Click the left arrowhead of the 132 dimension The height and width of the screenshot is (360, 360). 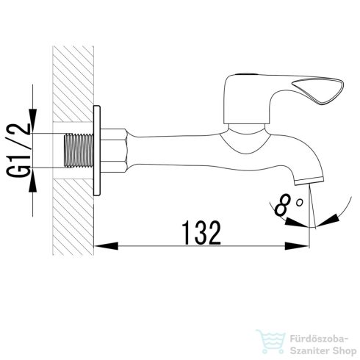[101, 246]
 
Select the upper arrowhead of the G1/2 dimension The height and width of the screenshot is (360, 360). [32, 127]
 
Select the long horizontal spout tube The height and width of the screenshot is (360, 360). [191, 145]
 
